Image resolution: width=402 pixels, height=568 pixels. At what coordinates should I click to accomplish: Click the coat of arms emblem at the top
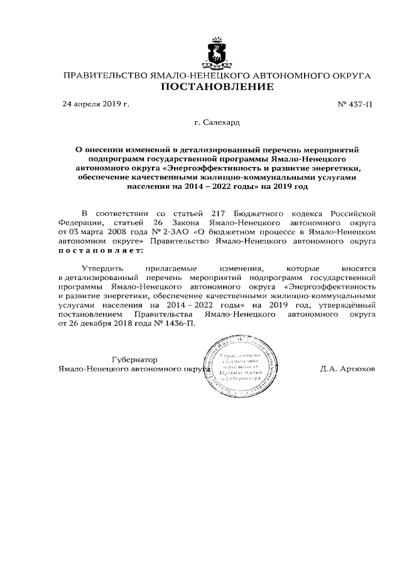pyautogui.click(x=217, y=53)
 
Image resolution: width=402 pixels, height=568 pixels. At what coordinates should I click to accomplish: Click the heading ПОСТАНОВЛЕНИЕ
pyautogui.click(x=217, y=87)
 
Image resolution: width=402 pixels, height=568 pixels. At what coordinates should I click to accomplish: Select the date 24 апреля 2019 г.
pyautogui.click(x=95, y=104)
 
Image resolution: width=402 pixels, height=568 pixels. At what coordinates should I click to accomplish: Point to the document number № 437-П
pyautogui.click(x=356, y=104)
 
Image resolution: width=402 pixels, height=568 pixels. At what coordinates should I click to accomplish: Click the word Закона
pyautogui.click(x=196, y=223)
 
